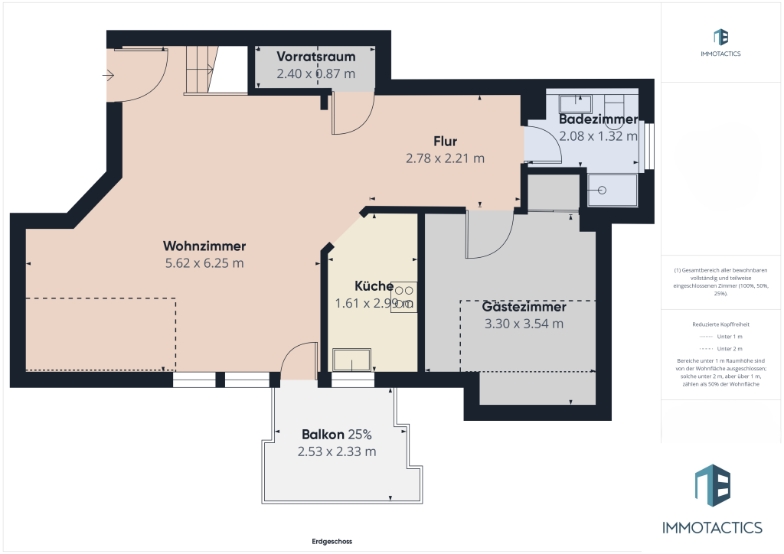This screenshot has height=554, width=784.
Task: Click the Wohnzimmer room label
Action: [204, 246]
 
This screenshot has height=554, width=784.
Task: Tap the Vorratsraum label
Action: [315, 57]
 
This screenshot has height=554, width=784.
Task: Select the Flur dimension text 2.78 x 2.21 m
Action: [445, 158]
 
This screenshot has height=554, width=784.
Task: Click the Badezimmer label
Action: [598, 119]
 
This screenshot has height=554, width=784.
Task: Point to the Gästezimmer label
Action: [524, 307]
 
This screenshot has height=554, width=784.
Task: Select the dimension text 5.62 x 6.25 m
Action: [204, 263]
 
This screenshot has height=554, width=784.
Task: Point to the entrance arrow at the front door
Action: [108, 75]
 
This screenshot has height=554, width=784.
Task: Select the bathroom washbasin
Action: [573, 103]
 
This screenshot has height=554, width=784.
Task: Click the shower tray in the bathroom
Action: [612, 190]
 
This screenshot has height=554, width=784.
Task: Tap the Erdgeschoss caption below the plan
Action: [332, 541]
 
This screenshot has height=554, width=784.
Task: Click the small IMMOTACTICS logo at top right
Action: [720, 42]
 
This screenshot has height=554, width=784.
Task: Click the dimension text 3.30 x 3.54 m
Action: [524, 324]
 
